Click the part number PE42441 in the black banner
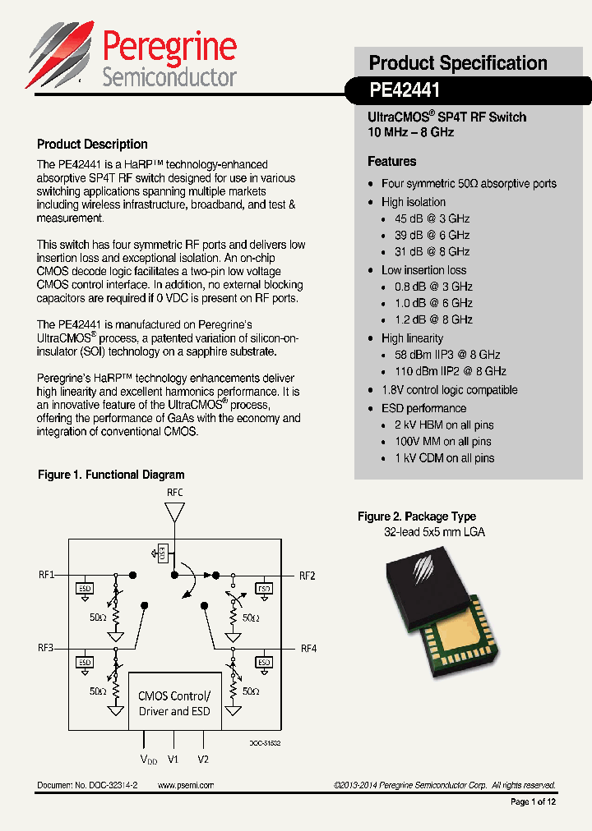pos(405,89)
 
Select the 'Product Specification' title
pos(457,63)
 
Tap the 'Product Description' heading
pos(92,145)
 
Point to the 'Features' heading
pos(391,162)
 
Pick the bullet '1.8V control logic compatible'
pos(449,390)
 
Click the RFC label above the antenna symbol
pos(175,492)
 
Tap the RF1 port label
pos(46,575)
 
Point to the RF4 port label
pos(308,649)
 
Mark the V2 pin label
pos(203,759)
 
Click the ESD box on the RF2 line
pos(264,589)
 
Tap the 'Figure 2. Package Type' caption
pos(416,517)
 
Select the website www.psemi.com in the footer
pos(185,785)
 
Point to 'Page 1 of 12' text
pos(533,802)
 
